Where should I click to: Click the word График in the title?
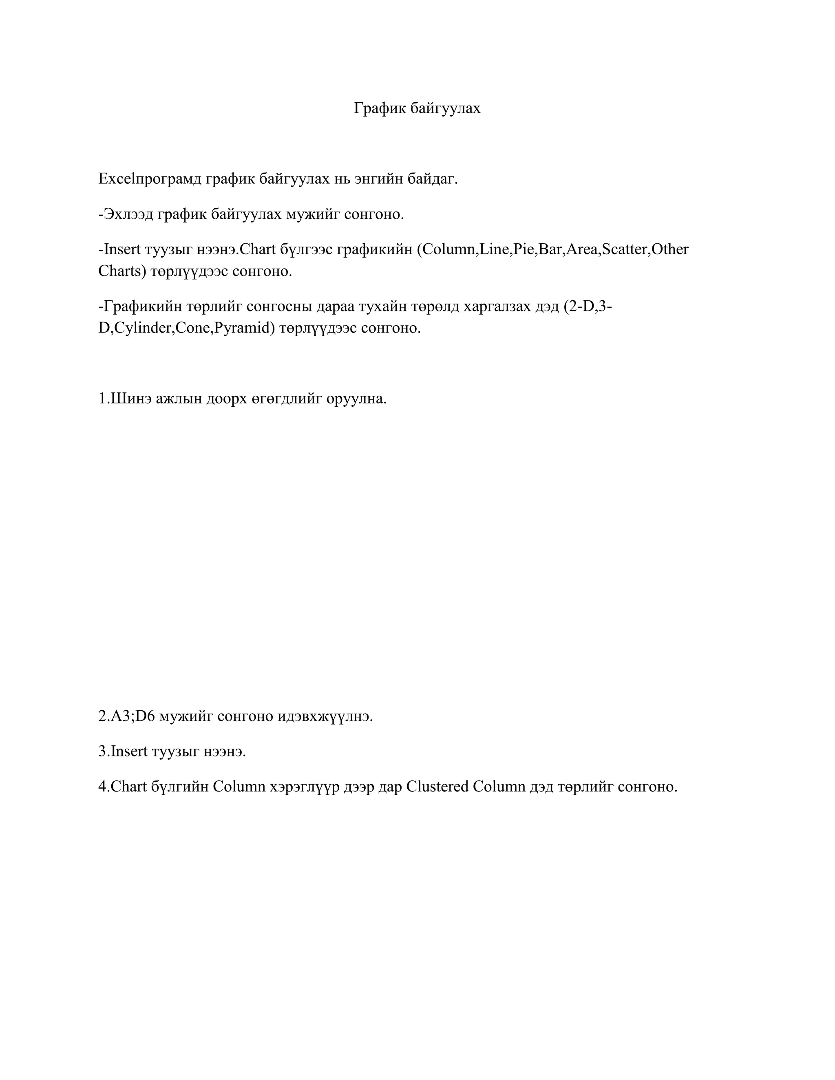coord(380,108)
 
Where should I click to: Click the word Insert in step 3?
coord(129,751)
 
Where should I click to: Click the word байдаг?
coord(433,179)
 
